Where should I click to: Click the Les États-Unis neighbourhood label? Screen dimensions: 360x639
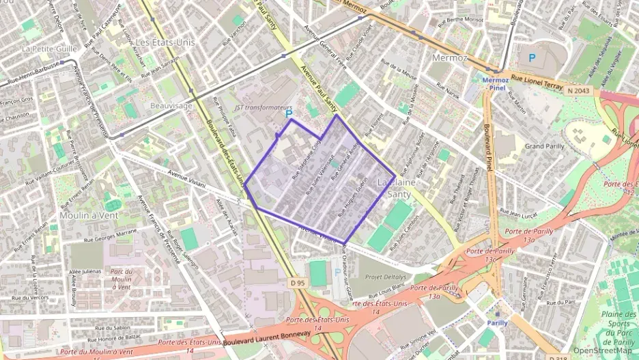[x=165, y=42]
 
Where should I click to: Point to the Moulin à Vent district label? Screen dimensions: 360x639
[x=89, y=215]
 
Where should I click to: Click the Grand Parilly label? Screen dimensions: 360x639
[x=545, y=146]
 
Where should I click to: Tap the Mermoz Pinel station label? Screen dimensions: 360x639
[x=496, y=83]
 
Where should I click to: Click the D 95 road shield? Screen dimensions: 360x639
[x=296, y=281]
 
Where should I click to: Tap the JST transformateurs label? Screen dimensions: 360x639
[x=262, y=107]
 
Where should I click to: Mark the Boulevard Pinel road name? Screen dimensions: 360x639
[x=489, y=146]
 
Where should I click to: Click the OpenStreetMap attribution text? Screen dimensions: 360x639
[x=603, y=350]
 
